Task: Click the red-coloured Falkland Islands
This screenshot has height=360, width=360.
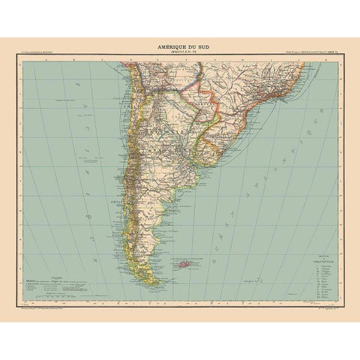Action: (x=182, y=263)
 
